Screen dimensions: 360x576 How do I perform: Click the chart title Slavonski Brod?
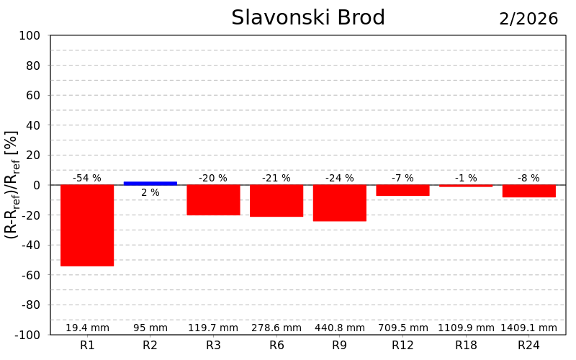pyautogui.click(x=308, y=18)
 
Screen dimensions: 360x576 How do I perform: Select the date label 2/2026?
pyautogui.click(x=528, y=19)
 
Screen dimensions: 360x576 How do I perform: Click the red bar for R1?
pyautogui.click(x=87, y=225)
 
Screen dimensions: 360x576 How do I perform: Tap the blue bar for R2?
pyautogui.click(x=150, y=183)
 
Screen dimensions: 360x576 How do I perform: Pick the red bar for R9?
pyautogui.click(x=340, y=203)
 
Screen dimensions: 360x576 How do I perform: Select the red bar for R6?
pyautogui.click(x=276, y=201)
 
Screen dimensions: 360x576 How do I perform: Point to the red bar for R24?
pyautogui.click(x=529, y=191)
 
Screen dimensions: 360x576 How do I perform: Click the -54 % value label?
pyautogui.click(x=87, y=178)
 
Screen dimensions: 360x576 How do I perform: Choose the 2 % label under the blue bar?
pyautogui.click(x=150, y=192)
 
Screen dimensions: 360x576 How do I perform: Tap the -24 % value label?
pyautogui.click(x=340, y=178)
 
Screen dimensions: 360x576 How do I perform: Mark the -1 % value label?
pyautogui.click(x=466, y=178)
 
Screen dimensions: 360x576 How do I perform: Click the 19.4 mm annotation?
pyautogui.click(x=87, y=328)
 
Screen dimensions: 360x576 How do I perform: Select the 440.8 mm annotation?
pyautogui.click(x=340, y=328)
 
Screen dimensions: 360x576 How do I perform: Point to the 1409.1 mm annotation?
pyautogui.click(x=529, y=328)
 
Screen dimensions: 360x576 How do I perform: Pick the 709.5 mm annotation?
pyautogui.click(x=403, y=328)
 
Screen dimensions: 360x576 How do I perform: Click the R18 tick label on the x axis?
pyautogui.click(x=466, y=346)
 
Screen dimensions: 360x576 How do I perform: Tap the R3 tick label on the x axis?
pyautogui.click(x=213, y=346)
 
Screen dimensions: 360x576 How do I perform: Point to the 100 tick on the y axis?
pyautogui.click(x=30, y=36)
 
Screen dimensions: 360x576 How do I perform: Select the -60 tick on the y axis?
pyautogui.click(x=29, y=275)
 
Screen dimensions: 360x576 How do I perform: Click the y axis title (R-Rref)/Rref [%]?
pyautogui.click(x=12, y=185)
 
